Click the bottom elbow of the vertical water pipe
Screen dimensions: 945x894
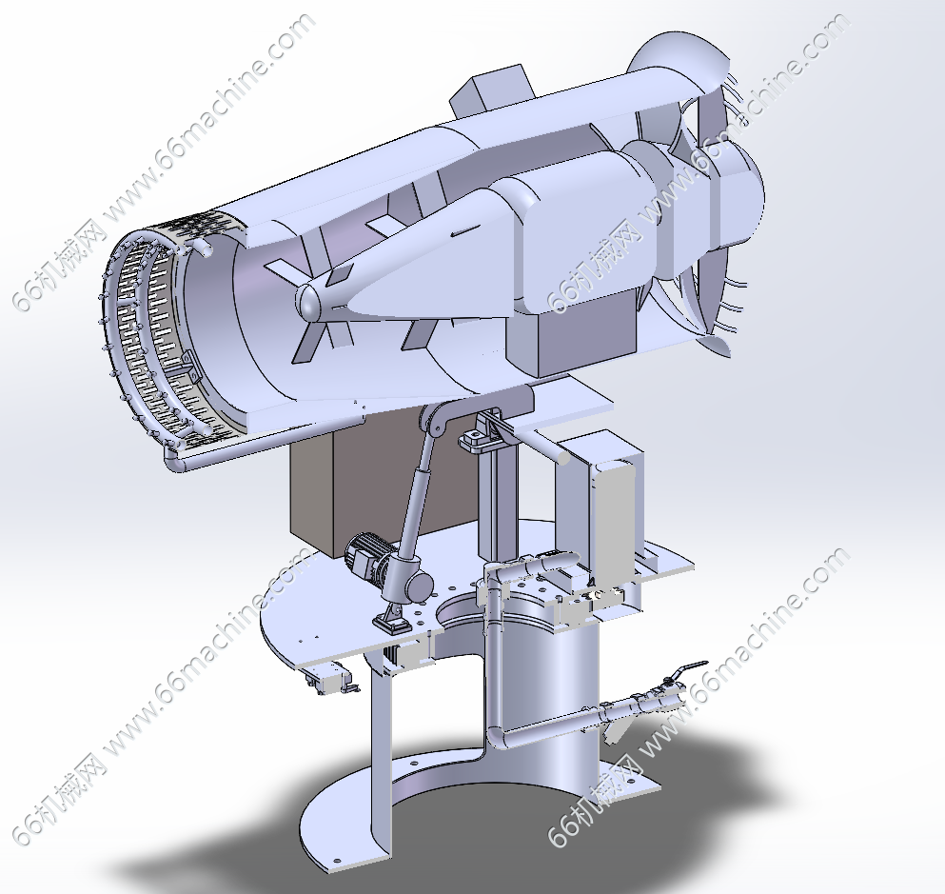[x=498, y=736]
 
